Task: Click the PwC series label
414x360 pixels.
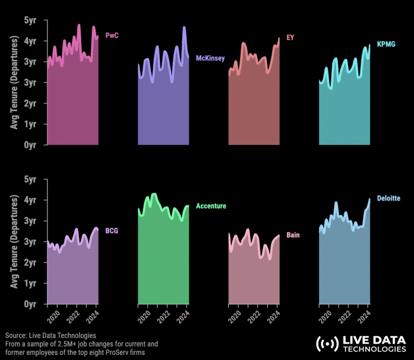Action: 112,36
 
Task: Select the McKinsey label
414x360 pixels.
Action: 210,58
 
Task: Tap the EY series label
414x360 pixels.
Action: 290,38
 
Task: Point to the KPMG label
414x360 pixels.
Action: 386,44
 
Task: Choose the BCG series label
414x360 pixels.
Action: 112,231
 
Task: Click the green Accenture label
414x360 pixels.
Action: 211,206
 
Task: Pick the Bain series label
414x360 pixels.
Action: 293,235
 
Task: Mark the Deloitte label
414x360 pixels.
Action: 389,198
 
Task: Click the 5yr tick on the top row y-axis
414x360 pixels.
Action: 30,20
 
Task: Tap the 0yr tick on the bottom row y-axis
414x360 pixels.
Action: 30,304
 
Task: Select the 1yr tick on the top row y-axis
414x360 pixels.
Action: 30,124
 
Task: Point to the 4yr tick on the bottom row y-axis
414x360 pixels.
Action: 30,200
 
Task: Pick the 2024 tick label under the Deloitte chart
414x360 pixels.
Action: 364,318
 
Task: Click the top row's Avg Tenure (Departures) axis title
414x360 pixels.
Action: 15,82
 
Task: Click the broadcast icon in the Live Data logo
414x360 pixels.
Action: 327,344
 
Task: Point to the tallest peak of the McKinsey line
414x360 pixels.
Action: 184,28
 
